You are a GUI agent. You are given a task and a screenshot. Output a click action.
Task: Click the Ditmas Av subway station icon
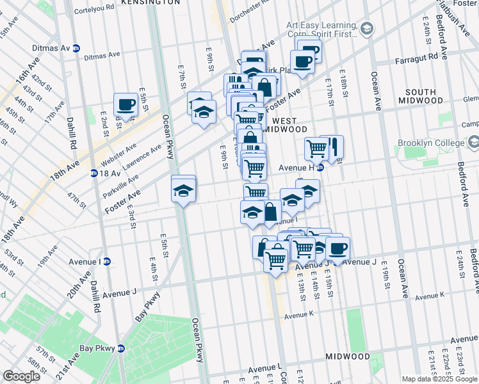click(76, 48)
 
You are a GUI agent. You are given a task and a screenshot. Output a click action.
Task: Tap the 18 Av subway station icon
click(93, 173)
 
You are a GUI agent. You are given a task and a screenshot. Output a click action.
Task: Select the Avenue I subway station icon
click(107, 261)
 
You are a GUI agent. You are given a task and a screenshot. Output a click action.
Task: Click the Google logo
click(21, 376)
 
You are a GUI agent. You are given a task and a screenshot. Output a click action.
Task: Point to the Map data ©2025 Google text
click(439, 379)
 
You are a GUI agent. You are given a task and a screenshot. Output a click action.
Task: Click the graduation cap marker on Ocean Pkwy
click(183, 190)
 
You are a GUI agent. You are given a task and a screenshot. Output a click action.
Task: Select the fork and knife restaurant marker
click(332, 147)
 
